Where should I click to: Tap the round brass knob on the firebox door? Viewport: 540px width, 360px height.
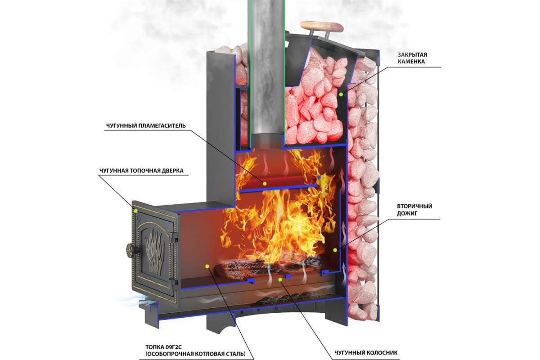click(130, 250)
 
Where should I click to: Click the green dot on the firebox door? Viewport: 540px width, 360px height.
click(135, 211)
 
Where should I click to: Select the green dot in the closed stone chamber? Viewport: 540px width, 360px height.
click(341, 94)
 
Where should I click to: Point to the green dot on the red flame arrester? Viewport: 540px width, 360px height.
click(265, 183)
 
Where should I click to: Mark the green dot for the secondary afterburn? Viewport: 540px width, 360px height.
click(335, 249)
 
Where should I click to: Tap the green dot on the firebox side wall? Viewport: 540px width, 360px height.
click(207, 266)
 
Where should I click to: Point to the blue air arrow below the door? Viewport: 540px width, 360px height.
click(128, 301)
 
